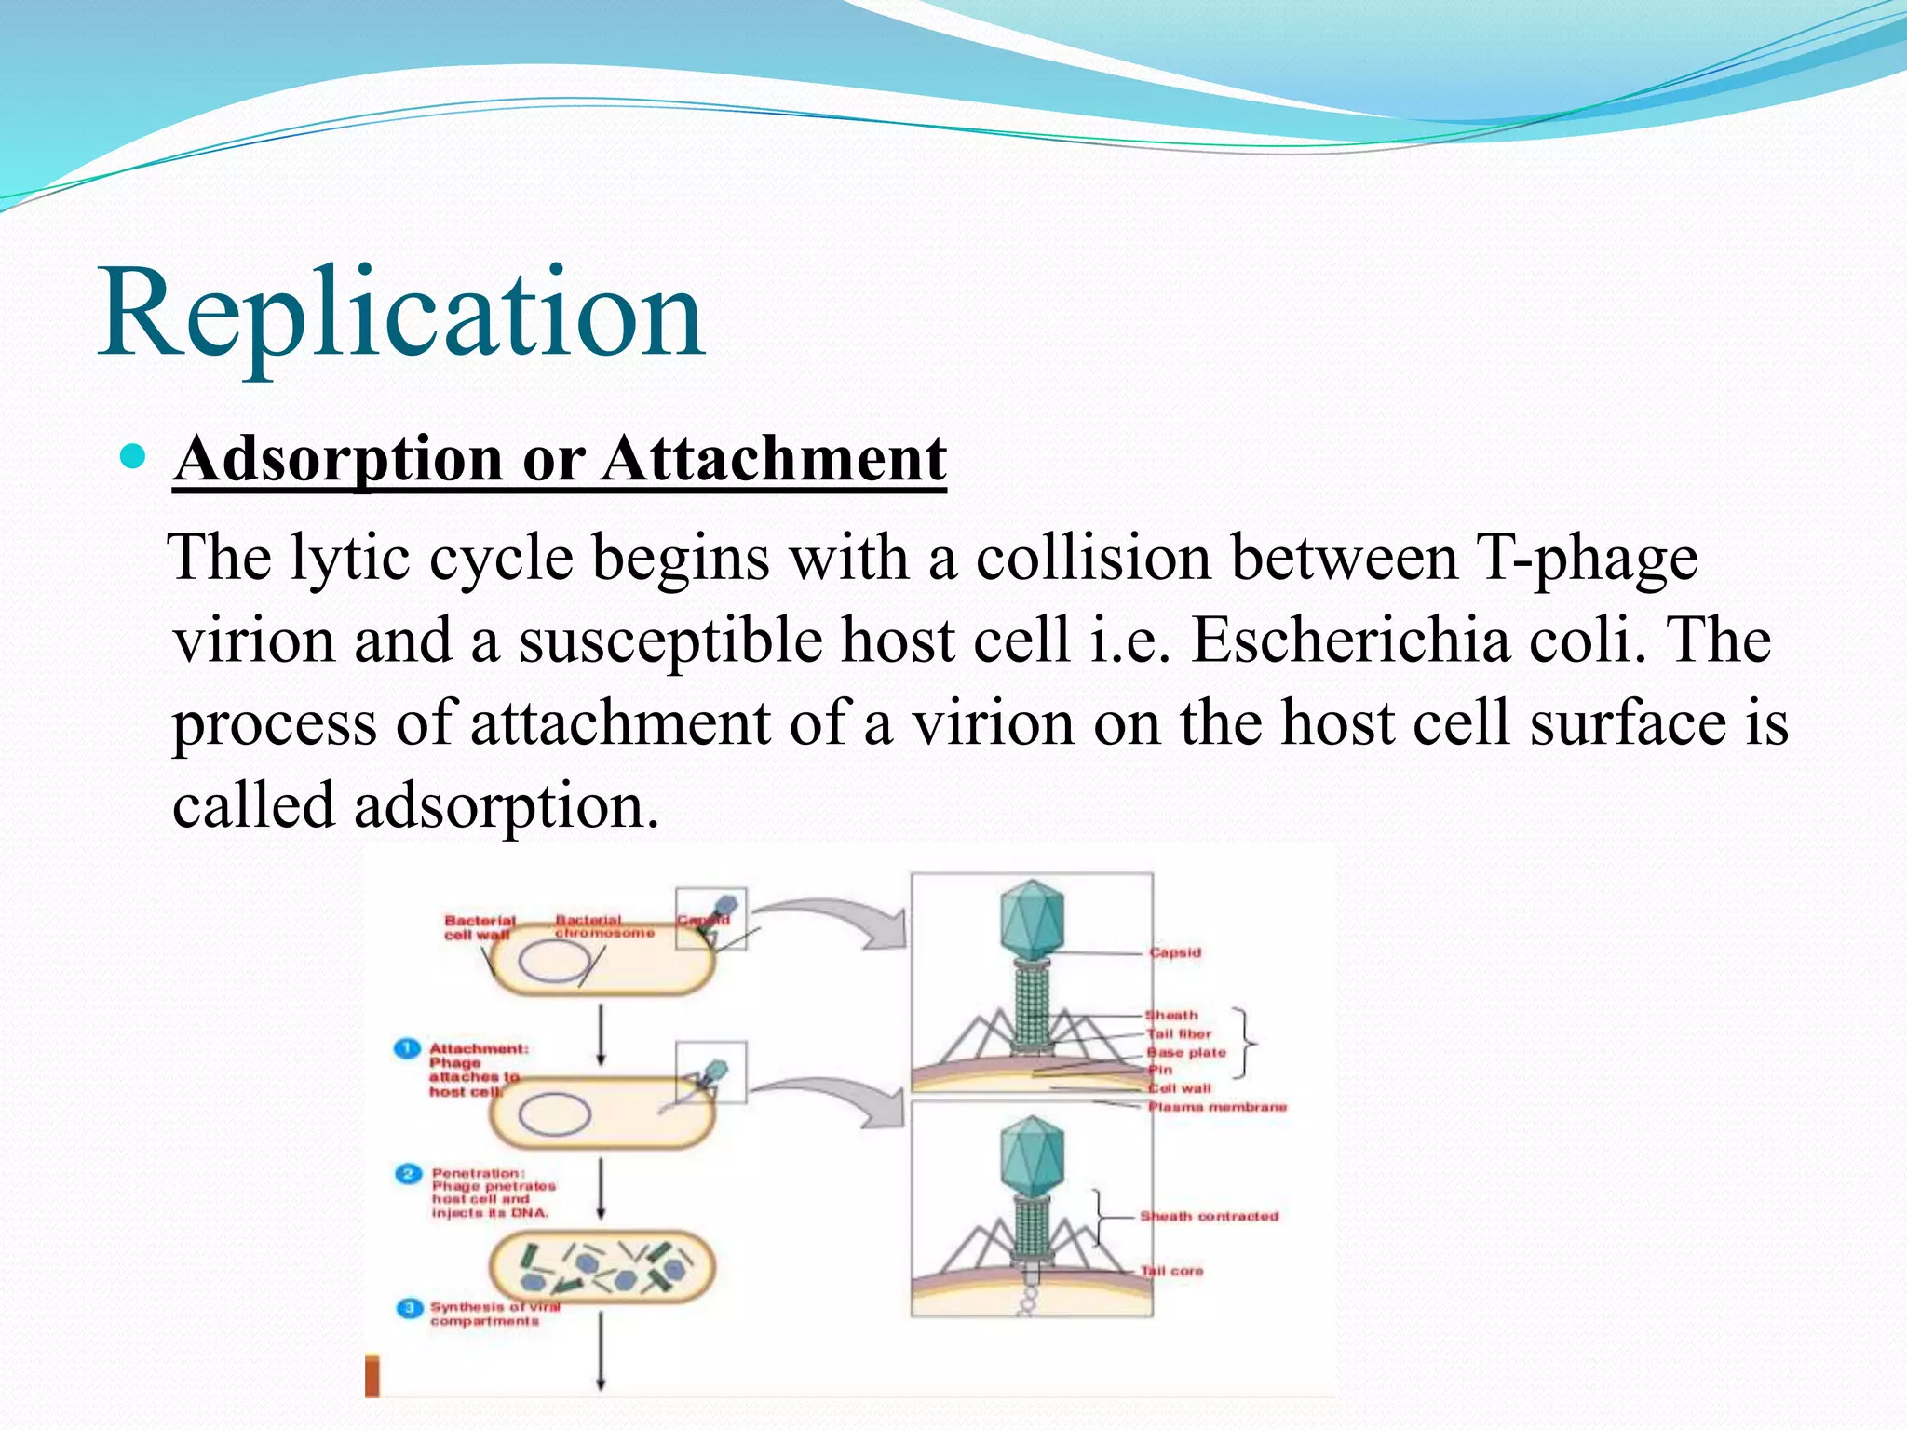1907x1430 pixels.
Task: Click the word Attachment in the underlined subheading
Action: coord(774,459)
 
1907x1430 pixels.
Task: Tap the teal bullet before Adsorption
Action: coord(134,456)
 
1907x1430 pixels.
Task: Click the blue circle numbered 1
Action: coord(407,1048)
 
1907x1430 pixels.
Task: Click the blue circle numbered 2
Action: coord(409,1174)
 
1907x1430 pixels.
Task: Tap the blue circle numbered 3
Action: coord(410,1309)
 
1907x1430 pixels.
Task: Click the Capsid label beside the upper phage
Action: coord(1175,952)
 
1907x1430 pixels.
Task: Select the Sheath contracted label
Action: coord(1210,1216)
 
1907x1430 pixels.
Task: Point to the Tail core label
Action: coord(1172,1271)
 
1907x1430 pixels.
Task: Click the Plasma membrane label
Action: coord(1217,1107)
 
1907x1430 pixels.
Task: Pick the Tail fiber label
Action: coord(1180,1033)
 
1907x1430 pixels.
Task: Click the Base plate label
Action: coord(1187,1052)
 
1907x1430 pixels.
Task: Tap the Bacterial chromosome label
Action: coord(603,926)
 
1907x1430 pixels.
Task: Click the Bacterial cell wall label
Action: coord(479,927)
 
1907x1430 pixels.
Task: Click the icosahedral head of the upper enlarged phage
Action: coord(1031,919)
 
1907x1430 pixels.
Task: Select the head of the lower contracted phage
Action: coord(1031,1156)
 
